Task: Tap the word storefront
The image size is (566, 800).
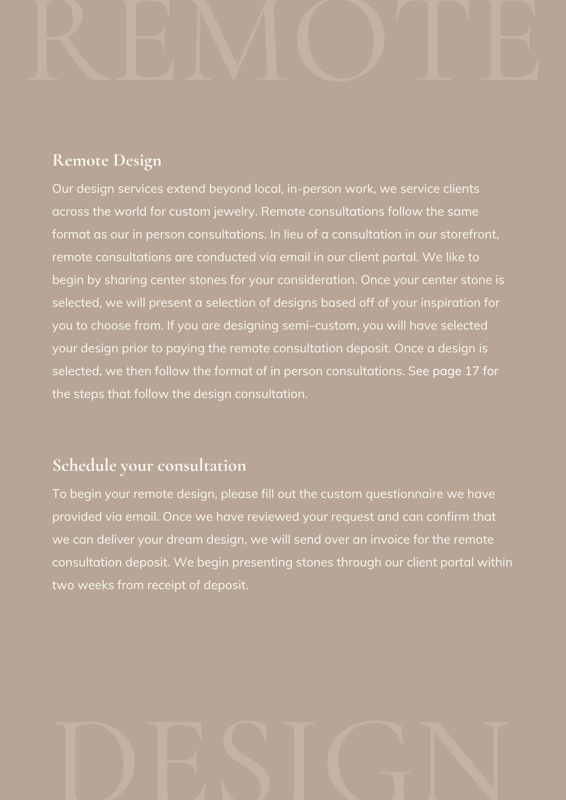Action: click(469, 234)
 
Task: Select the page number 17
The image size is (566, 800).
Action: click(472, 371)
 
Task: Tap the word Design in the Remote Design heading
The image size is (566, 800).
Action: click(137, 161)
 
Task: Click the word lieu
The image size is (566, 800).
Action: click(293, 234)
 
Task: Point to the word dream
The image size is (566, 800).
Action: click(185, 540)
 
